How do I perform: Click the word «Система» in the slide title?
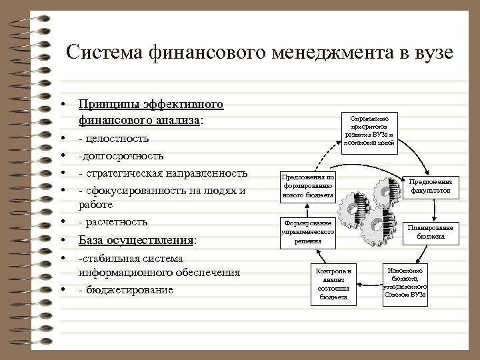105,53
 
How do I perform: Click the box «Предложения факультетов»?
430,185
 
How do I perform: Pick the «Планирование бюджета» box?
430,231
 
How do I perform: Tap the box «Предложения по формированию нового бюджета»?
307,186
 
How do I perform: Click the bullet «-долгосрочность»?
121,156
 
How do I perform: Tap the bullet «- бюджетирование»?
125,290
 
